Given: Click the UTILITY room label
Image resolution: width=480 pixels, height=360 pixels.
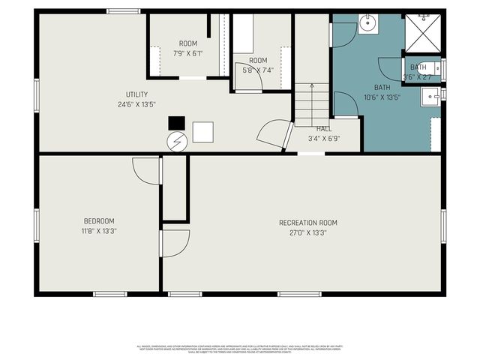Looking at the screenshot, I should click(x=136, y=94).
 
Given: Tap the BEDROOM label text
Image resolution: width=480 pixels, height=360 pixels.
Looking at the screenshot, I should click(x=99, y=221).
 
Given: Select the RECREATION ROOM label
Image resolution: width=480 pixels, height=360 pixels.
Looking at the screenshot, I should click(x=307, y=223).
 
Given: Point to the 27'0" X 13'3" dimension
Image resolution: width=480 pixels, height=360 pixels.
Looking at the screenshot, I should click(x=307, y=232).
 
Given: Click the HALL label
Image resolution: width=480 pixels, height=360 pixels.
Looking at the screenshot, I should click(x=324, y=129).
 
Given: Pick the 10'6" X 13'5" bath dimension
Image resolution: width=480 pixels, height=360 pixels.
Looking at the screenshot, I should click(x=382, y=97).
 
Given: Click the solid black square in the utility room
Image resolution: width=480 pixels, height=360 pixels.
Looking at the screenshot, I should click(x=175, y=123).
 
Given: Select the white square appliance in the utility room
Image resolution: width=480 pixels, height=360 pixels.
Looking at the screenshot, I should click(x=202, y=133).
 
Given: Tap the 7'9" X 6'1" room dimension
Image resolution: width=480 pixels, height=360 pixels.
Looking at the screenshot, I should click(x=187, y=53).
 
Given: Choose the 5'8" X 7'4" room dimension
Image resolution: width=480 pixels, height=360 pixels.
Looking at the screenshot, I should click(x=257, y=70).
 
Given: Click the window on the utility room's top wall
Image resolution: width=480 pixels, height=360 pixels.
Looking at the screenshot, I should click(x=124, y=11).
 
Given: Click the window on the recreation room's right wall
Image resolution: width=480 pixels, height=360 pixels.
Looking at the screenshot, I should click(x=443, y=226).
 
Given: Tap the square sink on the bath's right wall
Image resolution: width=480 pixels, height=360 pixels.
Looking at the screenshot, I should click(x=430, y=95).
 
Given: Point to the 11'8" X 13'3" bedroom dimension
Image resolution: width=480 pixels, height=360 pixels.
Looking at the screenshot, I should click(x=99, y=231).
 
